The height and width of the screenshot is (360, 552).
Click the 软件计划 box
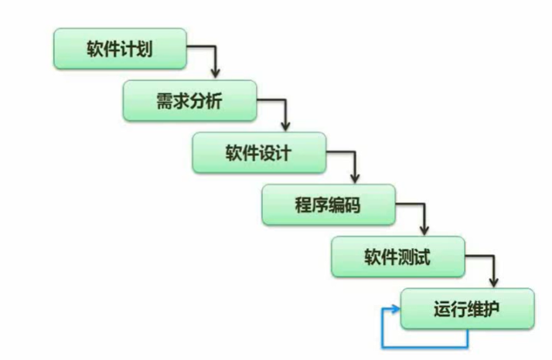(x=120, y=49)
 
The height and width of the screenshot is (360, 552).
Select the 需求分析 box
(x=189, y=100)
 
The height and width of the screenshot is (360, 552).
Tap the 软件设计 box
(x=259, y=151)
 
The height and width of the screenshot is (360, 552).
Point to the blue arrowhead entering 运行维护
(x=396, y=309)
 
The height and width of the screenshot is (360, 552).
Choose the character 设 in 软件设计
(x=270, y=151)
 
